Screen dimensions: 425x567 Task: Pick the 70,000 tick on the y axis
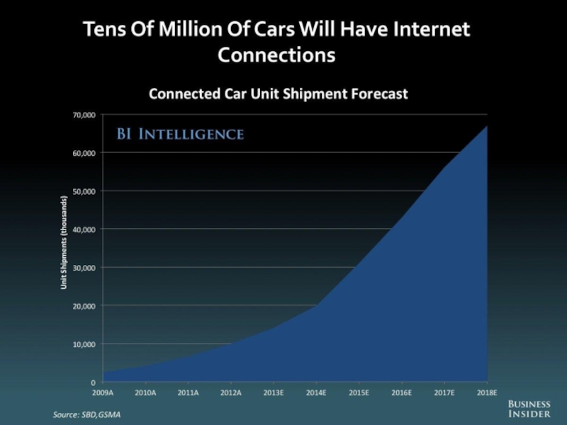[x=84, y=114]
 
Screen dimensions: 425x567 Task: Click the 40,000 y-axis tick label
[x=84, y=229]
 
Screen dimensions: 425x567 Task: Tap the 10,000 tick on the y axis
[x=84, y=344]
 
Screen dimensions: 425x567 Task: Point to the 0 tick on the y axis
[x=93, y=382]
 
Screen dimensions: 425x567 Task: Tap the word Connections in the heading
[x=276, y=55]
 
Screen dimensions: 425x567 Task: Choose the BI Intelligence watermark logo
[x=180, y=134]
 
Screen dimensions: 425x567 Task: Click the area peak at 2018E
[x=486, y=127]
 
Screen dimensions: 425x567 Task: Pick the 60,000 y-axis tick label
[x=84, y=152]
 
